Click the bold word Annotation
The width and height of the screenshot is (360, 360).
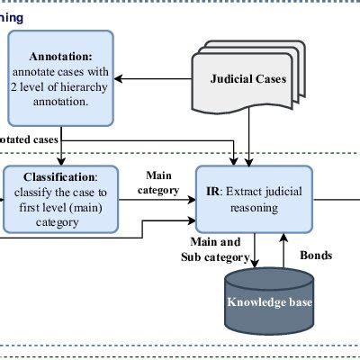[60, 55]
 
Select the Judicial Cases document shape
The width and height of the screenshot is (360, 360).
[247, 78]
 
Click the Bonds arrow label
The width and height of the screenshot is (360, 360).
[316, 256]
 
